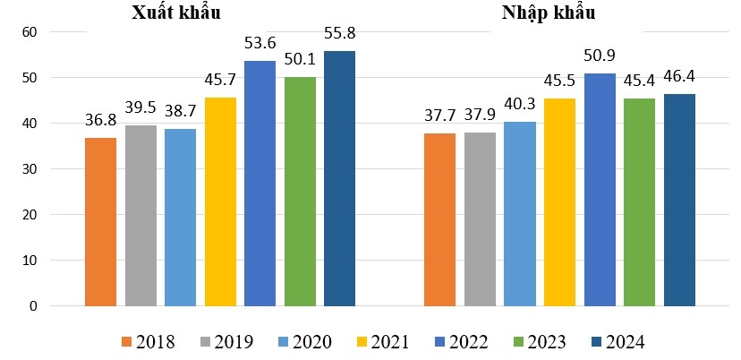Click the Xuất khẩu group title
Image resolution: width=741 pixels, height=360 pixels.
pos(175,13)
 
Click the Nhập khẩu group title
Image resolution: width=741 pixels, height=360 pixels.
pos(548,13)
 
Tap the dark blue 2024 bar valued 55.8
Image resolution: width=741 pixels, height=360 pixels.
pos(339,178)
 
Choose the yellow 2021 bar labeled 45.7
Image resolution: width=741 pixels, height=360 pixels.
pos(220,201)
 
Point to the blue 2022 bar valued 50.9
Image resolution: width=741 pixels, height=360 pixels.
pos(600,189)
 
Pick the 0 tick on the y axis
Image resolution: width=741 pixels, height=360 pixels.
pos(33,306)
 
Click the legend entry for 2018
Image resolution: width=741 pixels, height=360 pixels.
pos(148,341)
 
